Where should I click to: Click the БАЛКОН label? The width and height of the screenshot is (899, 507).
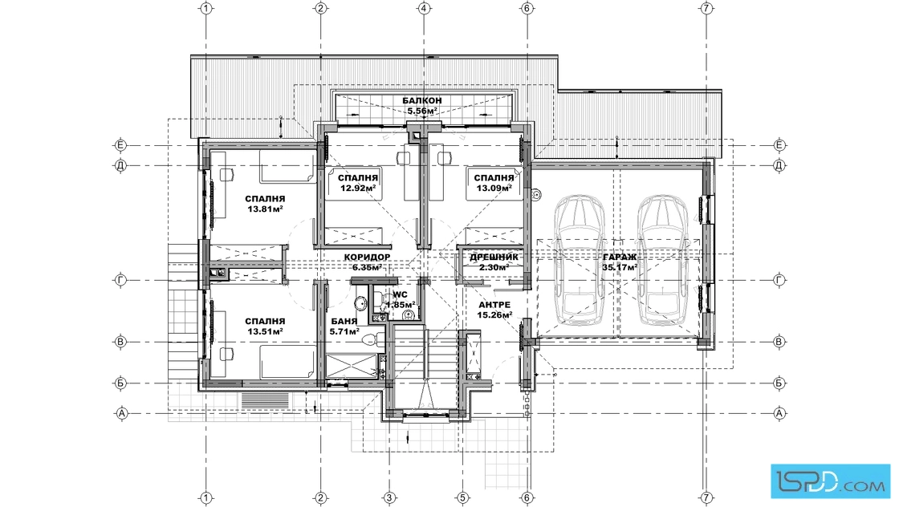(x=422, y=101)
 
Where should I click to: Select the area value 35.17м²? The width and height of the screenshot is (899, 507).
(x=620, y=267)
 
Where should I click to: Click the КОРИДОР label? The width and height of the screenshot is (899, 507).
(x=367, y=258)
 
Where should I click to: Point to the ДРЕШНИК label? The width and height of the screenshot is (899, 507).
(x=494, y=258)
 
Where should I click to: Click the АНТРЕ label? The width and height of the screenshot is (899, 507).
(x=494, y=305)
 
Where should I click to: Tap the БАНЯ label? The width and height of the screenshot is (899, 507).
(x=344, y=322)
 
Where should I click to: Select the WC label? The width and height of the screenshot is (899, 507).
(x=401, y=295)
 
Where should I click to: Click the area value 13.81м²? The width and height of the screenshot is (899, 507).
(x=266, y=209)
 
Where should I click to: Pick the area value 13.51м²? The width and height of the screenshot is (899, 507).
(x=266, y=331)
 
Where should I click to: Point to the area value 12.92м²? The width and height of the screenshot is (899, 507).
(x=358, y=188)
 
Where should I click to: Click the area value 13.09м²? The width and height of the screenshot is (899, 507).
(x=494, y=188)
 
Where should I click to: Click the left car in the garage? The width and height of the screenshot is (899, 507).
(x=580, y=259)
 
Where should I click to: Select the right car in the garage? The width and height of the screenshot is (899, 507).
(x=663, y=259)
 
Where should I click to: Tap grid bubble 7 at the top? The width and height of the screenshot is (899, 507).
(x=706, y=8)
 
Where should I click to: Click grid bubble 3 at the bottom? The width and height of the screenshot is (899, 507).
(x=389, y=497)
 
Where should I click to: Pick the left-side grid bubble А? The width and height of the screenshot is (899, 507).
(x=121, y=413)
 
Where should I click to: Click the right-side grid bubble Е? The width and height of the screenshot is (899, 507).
(x=779, y=145)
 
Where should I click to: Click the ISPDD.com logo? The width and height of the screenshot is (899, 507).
(x=831, y=480)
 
